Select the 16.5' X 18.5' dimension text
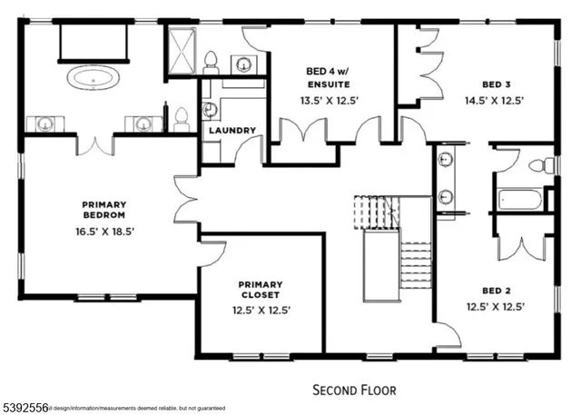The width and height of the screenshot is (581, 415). point(107,232)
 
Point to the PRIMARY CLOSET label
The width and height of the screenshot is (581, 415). point(261,289)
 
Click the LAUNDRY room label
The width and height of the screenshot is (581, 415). point(232,130)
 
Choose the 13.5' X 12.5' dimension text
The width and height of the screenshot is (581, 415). point(330,100)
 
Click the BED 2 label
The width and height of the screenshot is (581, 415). point(495,291)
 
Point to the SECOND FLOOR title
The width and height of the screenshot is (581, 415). point(355,390)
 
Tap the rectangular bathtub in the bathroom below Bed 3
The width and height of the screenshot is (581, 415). point(518,199)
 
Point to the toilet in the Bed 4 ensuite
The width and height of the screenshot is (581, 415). point(212,62)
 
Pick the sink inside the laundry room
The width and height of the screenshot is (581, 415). point(210,110)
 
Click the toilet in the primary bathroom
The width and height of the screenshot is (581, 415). point(181,116)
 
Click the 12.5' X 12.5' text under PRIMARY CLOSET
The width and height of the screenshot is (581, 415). point(261,311)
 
